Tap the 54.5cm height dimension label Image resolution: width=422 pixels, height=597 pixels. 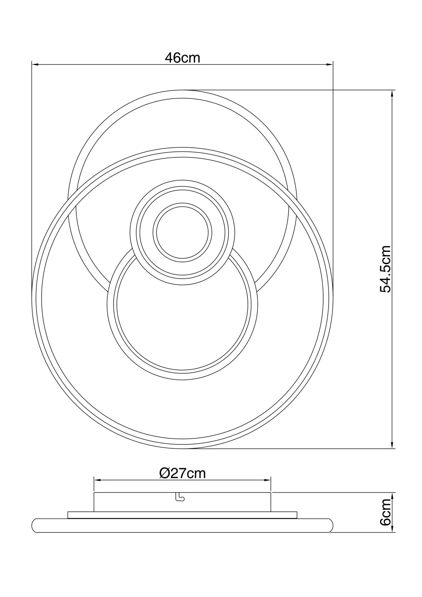[385, 269]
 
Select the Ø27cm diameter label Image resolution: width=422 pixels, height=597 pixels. [182, 473]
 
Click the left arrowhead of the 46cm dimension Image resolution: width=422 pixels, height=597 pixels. [35, 65]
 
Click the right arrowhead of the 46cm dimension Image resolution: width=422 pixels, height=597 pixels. [330, 65]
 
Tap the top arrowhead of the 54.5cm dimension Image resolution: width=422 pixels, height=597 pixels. [392, 94]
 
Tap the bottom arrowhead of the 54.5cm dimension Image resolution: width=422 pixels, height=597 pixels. [392, 445]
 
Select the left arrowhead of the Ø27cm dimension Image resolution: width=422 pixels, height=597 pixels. [97, 480]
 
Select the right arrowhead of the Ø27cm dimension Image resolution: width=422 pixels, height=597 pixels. [267, 480]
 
